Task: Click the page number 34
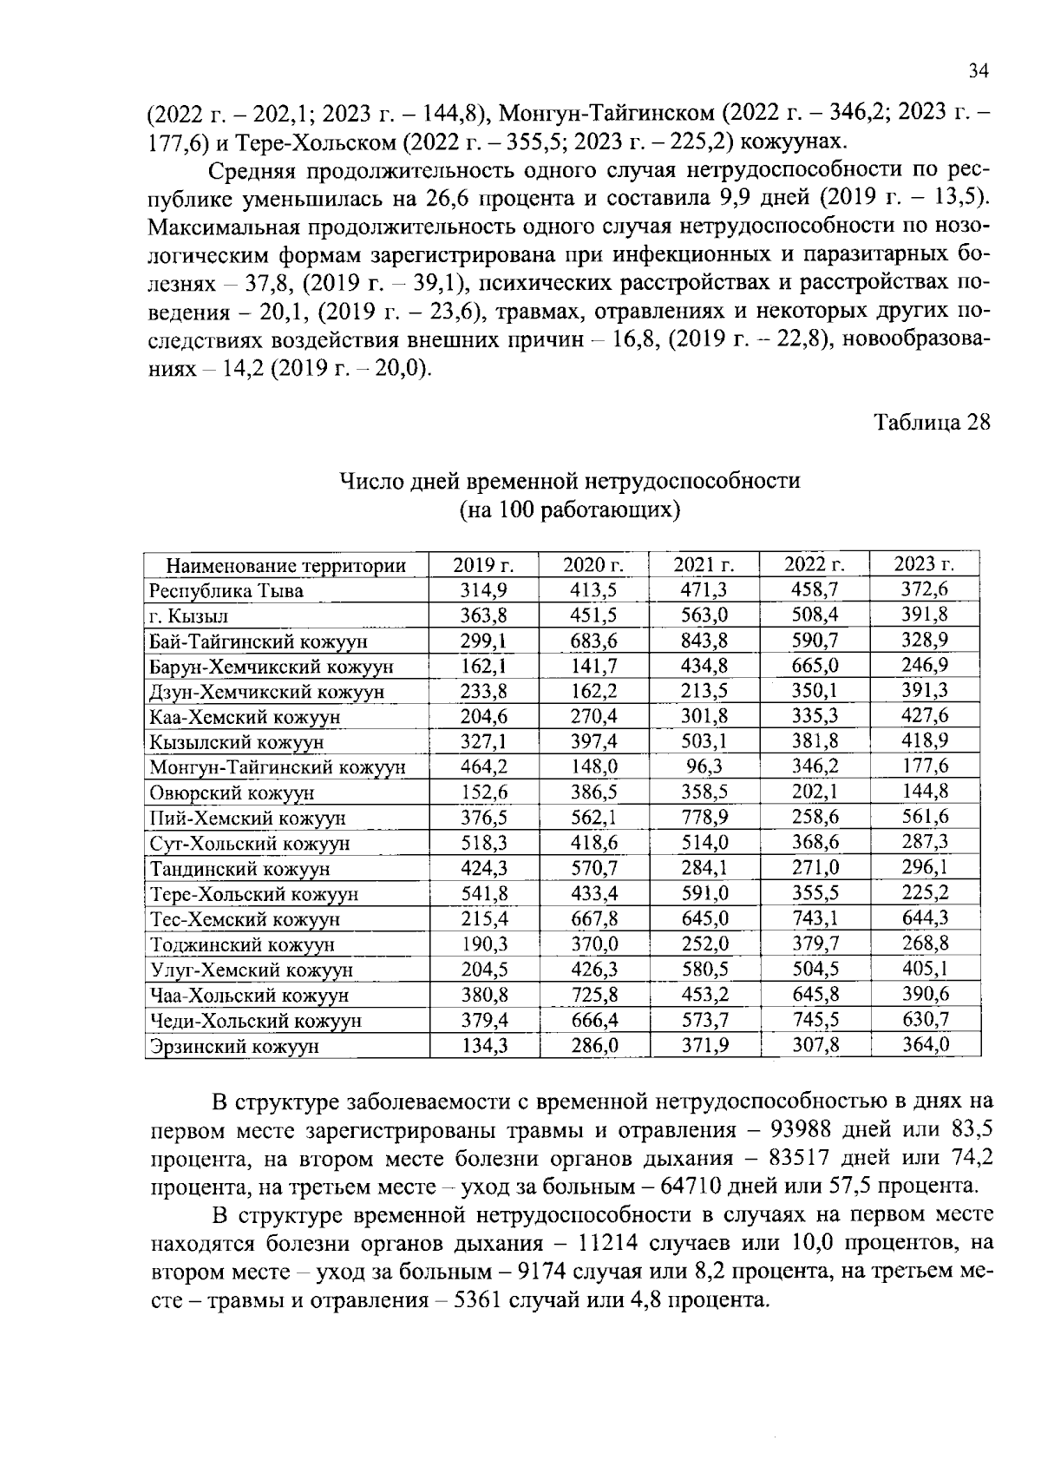(978, 72)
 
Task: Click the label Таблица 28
(931, 423)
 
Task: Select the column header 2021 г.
(704, 565)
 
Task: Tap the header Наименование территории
(285, 567)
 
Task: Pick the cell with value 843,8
(704, 641)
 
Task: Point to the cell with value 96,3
(704, 766)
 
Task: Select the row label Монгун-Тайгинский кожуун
(277, 767)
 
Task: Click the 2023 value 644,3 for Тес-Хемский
(925, 918)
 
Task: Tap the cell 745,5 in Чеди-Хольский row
(815, 1020)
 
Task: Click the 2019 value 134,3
(484, 1045)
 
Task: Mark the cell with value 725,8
(594, 995)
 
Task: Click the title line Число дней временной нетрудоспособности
(569, 480)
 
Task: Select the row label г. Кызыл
(188, 616)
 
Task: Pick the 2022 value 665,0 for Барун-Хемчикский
(815, 666)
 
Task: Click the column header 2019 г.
(484, 565)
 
